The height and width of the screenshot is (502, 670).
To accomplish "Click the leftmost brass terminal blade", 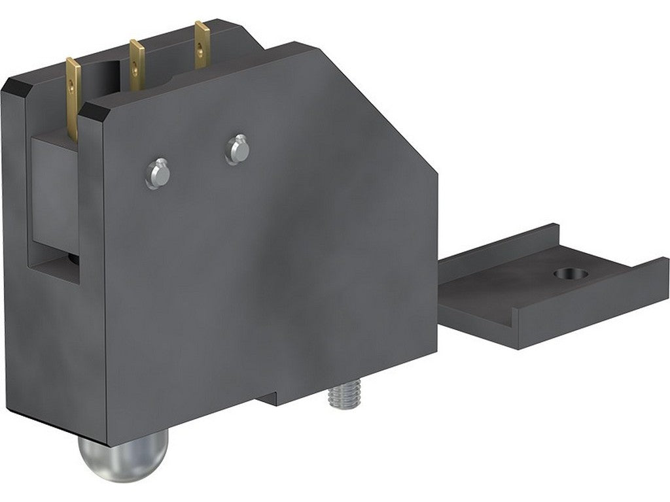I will point(73,98).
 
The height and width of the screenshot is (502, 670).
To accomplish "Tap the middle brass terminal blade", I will point(136,65).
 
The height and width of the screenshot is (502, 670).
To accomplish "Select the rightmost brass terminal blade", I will point(202,43).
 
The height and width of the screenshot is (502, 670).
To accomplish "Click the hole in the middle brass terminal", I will point(135,65).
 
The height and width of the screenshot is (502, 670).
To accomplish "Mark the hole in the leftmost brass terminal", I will point(73,82).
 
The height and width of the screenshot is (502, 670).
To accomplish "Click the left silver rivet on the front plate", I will point(157,173).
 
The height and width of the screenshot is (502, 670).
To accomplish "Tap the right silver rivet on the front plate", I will point(237,149).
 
